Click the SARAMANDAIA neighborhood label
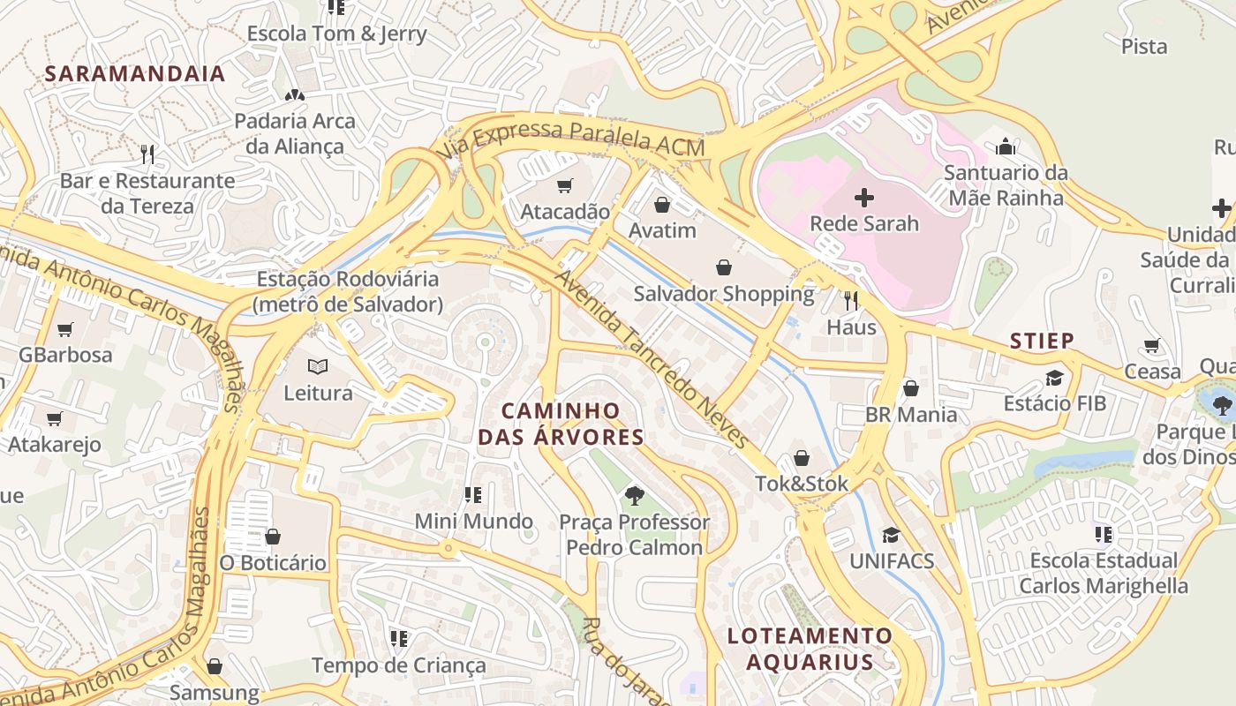pyautogui.click(x=135, y=73)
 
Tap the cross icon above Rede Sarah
pyautogui.click(x=864, y=198)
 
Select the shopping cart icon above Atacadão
pyautogui.click(x=564, y=185)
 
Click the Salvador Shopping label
pyautogui.click(x=723, y=293)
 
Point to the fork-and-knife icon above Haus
pyautogui.click(x=851, y=301)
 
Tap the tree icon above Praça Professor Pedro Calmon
pyautogui.click(x=633, y=495)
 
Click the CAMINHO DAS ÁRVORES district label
pyautogui.click(x=561, y=424)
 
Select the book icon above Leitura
pyautogui.click(x=317, y=366)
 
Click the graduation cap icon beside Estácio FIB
pyautogui.click(x=1054, y=378)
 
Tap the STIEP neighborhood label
pyautogui.click(x=1042, y=341)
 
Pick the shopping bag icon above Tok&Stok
pyautogui.click(x=801, y=457)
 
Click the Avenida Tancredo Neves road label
pyautogui.click(x=651, y=357)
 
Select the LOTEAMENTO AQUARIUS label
pyautogui.click(x=810, y=649)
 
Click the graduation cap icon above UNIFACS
pyautogui.click(x=891, y=535)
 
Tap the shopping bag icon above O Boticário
pyautogui.click(x=273, y=536)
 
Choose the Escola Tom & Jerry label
pyautogui.click(x=336, y=34)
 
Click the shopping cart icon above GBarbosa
pyautogui.click(x=64, y=329)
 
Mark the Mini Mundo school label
pyautogui.click(x=473, y=521)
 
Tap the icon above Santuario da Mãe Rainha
pyautogui.click(x=1006, y=146)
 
